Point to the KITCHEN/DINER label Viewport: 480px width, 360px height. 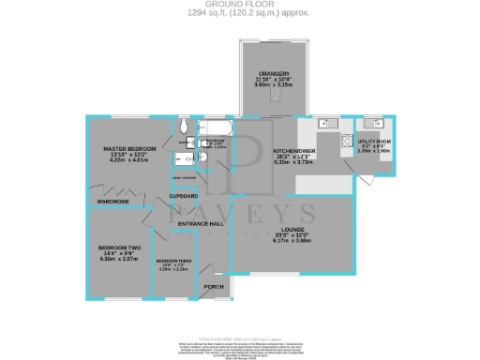tap(293, 150)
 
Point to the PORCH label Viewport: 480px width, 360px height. tap(213, 286)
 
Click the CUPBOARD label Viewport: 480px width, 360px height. tap(184, 195)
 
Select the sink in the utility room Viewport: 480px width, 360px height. tap(381, 122)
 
